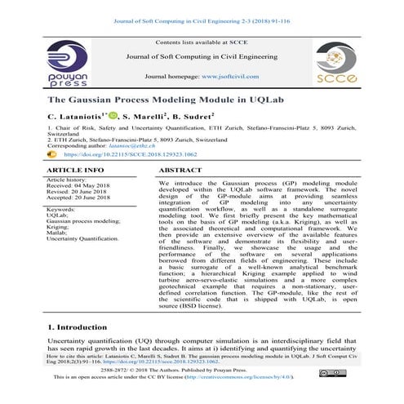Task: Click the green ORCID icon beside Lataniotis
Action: point(113,117)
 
